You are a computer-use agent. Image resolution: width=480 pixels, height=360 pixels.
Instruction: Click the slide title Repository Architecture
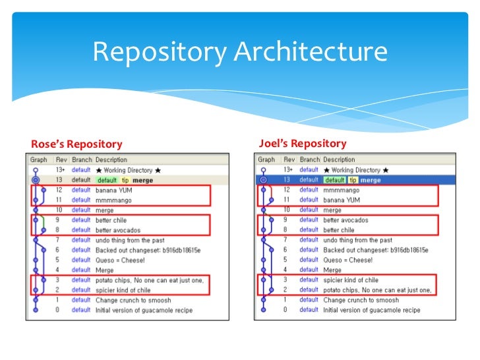[239, 52]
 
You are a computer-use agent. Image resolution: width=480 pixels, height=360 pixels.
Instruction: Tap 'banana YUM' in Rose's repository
[115, 190]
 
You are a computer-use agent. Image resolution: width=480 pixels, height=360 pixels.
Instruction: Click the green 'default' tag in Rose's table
[107, 180]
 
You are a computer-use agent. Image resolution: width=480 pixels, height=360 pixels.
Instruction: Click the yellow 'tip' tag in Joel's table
[353, 180]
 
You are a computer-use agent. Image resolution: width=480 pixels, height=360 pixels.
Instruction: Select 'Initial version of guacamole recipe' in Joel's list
[371, 310]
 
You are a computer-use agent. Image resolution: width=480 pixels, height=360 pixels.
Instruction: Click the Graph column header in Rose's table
[39, 160]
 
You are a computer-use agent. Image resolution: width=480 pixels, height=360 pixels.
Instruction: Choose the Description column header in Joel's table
[339, 160]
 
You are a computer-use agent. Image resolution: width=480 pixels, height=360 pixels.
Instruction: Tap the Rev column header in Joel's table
[289, 160]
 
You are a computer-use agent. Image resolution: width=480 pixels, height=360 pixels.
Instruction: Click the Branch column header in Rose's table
[82, 160]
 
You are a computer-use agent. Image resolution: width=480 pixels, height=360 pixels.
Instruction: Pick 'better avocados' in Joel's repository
[345, 220]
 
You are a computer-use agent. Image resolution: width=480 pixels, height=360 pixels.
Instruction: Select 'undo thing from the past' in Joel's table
[357, 240]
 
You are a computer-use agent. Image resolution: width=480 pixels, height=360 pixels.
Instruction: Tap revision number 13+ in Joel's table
[288, 170]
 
